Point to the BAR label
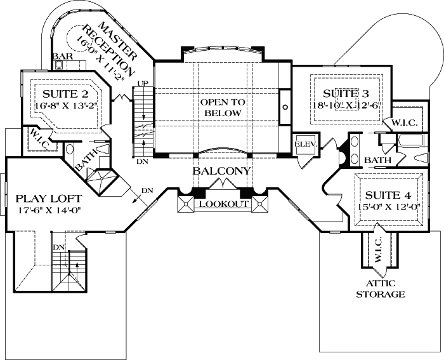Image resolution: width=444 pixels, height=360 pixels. tap(61, 57)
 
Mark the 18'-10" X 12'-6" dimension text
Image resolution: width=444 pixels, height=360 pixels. tap(346, 105)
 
